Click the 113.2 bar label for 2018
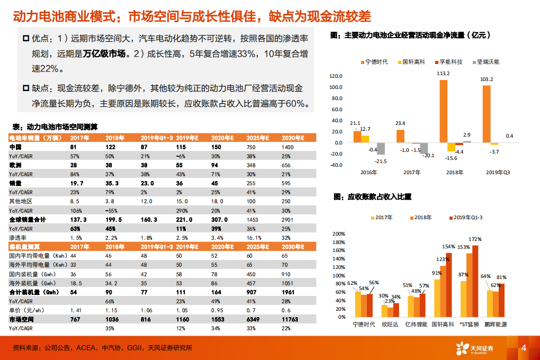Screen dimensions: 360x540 pyautogui.click(x=443, y=74)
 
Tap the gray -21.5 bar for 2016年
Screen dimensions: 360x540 pyautogui.click(x=381, y=149)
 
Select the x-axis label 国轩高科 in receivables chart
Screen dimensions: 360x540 pyautogui.click(x=441, y=324)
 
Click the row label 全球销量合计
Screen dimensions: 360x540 pyautogui.click(x=26, y=220)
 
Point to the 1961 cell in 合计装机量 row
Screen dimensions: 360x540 pyautogui.click(x=289, y=292)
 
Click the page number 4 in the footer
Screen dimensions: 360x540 pyautogui.click(x=523, y=348)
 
